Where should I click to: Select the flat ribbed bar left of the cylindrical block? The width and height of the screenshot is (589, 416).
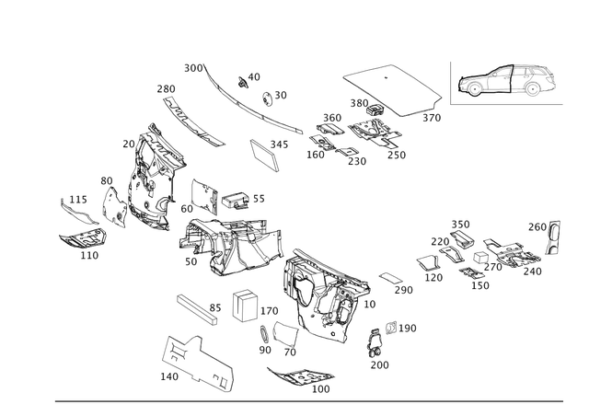point(195,307)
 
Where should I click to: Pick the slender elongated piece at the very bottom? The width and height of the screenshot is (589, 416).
point(299,377)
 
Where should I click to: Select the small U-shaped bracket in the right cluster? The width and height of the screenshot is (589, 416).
point(427,266)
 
